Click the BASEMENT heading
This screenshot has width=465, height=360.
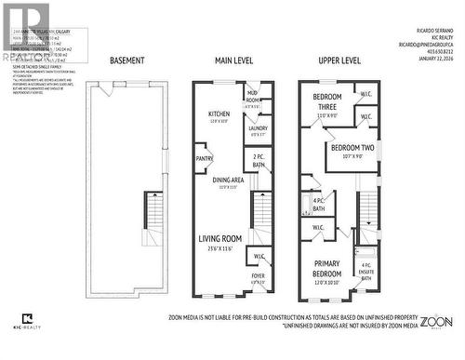coord(126,60)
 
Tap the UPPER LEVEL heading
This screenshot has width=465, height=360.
coord(339,60)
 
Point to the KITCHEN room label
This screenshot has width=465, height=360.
coord(219,114)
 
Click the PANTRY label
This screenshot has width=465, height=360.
coord(205,159)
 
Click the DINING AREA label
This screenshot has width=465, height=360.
coord(229,180)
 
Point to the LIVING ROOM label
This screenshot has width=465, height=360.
coord(219,238)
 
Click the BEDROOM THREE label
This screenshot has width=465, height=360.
coord(326,101)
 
